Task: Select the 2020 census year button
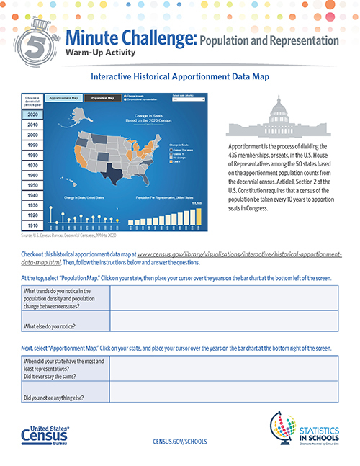[x=33, y=115]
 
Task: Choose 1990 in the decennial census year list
[x=33, y=145]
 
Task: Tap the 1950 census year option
[x=33, y=185]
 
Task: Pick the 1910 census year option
[x=33, y=225]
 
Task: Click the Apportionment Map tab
[x=63, y=97]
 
